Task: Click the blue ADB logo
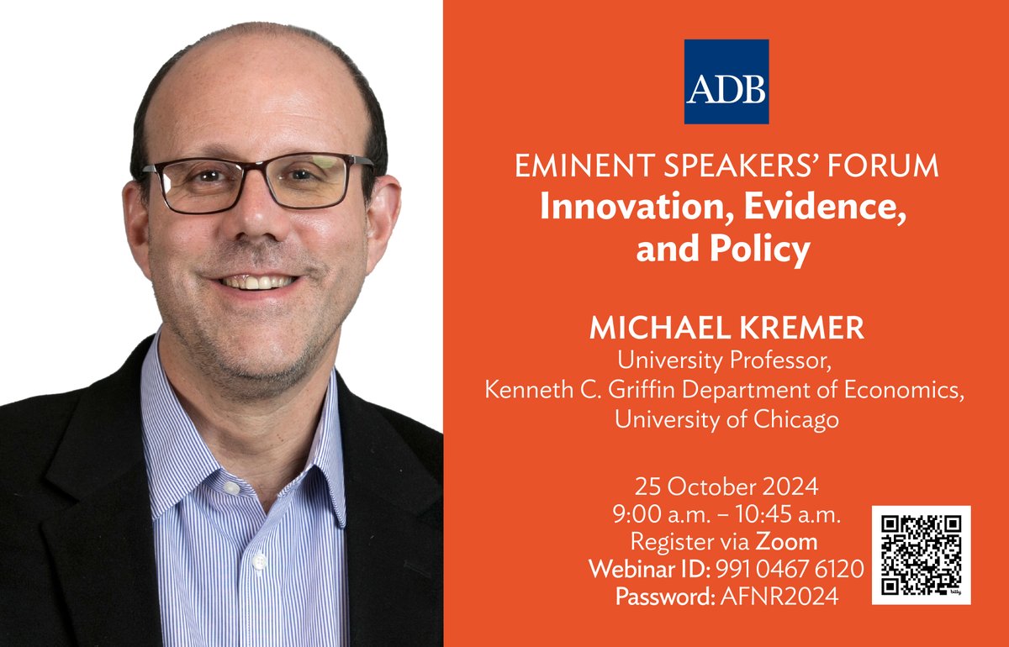click(726, 82)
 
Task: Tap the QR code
click(921, 554)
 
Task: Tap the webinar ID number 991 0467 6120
click(790, 570)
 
